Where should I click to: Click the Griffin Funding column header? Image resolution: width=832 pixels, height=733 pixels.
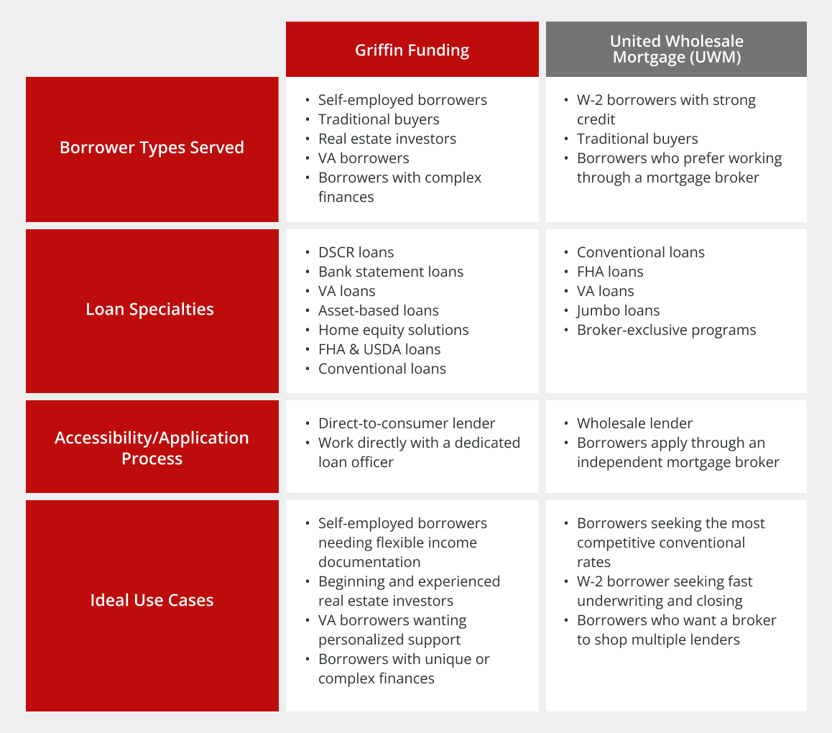[412, 50]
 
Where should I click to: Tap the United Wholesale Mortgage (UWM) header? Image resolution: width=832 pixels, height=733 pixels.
[677, 49]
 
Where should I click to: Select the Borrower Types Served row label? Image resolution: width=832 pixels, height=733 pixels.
[152, 147]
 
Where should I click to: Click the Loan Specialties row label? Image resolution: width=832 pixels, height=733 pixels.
[149, 309]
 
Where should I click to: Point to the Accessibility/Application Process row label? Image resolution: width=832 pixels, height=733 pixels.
[152, 448]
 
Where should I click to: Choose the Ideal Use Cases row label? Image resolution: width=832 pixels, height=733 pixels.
[152, 600]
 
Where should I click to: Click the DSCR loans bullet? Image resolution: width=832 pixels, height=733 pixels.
[356, 252]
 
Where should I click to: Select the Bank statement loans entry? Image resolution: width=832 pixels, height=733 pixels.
[391, 272]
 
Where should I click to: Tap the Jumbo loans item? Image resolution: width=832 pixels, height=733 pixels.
[618, 310]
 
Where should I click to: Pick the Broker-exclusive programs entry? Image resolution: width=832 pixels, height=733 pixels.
[667, 330]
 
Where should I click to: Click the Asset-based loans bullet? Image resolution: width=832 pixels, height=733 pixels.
[379, 310]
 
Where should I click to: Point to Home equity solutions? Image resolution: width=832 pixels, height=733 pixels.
[393, 330]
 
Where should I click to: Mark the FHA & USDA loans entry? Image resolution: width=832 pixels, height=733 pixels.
[379, 349]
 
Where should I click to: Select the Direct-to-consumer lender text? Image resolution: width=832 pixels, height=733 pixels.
[407, 423]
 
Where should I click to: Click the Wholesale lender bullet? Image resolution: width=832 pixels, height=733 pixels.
[634, 423]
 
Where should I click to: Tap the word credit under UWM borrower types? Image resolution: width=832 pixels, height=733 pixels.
[596, 119]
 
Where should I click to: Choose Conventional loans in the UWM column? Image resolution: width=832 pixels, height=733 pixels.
[640, 252]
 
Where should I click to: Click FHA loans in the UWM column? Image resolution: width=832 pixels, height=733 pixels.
[610, 272]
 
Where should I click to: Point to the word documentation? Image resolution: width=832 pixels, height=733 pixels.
[369, 562]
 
